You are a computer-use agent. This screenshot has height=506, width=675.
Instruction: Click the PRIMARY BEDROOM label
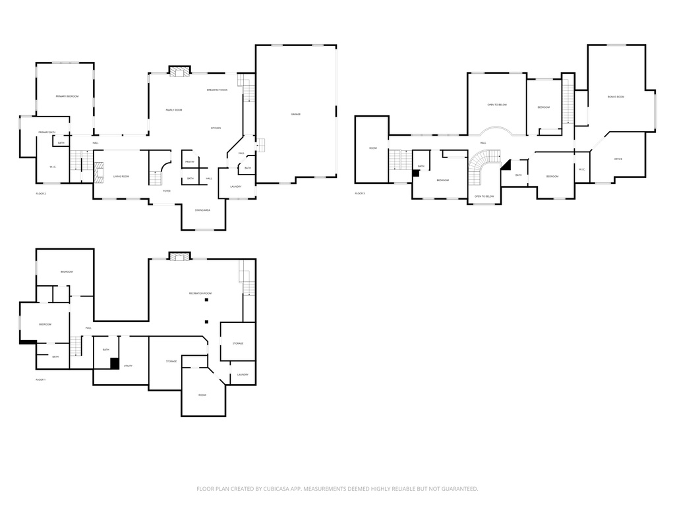click(x=67, y=97)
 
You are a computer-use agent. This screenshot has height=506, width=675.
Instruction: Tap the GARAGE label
click(x=296, y=115)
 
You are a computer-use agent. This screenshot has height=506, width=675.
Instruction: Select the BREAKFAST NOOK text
click(x=217, y=90)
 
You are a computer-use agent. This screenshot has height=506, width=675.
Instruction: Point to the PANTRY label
click(x=189, y=161)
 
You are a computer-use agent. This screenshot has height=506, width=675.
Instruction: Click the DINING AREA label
click(x=202, y=210)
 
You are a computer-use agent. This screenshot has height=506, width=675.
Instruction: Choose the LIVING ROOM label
click(x=121, y=177)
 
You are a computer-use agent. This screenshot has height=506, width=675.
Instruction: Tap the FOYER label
click(x=167, y=191)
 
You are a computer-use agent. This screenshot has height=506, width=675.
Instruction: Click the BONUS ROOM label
click(x=616, y=97)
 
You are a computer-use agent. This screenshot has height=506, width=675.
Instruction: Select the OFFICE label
click(x=618, y=159)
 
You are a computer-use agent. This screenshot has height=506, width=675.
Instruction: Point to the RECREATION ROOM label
click(x=200, y=293)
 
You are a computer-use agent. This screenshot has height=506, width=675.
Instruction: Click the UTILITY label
click(x=129, y=365)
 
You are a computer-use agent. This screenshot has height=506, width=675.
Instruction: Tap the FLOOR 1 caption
click(x=40, y=380)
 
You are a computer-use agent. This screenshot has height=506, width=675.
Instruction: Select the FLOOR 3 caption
click(x=359, y=194)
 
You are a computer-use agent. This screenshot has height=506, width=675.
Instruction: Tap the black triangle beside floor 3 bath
click(x=506, y=165)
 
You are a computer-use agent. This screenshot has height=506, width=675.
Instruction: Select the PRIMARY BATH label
click(x=46, y=132)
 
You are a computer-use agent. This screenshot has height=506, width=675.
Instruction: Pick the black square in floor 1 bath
click(x=114, y=363)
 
